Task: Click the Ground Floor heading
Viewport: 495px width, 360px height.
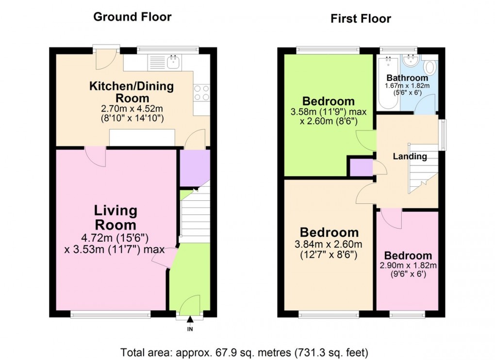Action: click(x=132, y=17)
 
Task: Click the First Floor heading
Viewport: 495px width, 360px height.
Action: click(x=361, y=19)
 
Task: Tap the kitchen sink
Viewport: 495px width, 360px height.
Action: click(x=173, y=62)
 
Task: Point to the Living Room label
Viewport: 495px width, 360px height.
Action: click(x=115, y=218)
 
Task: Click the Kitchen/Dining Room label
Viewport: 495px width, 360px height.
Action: click(x=132, y=92)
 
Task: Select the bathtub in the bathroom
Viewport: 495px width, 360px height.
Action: click(x=388, y=82)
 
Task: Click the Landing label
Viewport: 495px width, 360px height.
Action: click(x=410, y=156)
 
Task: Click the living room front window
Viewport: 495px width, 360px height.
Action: click(x=110, y=315)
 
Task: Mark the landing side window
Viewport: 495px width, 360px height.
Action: click(x=442, y=135)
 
